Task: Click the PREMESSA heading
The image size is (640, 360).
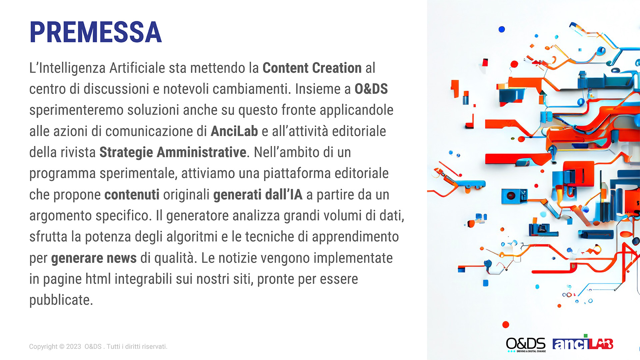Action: click(96, 32)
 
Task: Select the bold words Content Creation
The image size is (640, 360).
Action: click(312, 68)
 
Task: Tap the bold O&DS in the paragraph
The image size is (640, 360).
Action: click(371, 89)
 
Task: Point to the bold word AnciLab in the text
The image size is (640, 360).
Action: click(234, 131)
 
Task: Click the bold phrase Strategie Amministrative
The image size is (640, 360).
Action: click(173, 153)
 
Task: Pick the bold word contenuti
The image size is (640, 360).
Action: click(132, 195)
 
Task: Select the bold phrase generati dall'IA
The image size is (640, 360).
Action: click(258, 195)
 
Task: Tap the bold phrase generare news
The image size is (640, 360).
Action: click(94, 258)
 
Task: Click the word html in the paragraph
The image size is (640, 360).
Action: click(98, 279)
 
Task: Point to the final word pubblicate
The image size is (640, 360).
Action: click(61, 300)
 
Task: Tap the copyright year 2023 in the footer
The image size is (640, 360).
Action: click(74, 347)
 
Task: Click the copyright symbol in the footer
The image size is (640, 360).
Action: click(62, 347)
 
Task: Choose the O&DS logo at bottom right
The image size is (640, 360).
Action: click(526, 345)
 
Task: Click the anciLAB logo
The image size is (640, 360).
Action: click(583, 343)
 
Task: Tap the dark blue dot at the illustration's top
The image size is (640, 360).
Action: click(502, 29)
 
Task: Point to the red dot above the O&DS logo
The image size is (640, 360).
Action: click(506, 325)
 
